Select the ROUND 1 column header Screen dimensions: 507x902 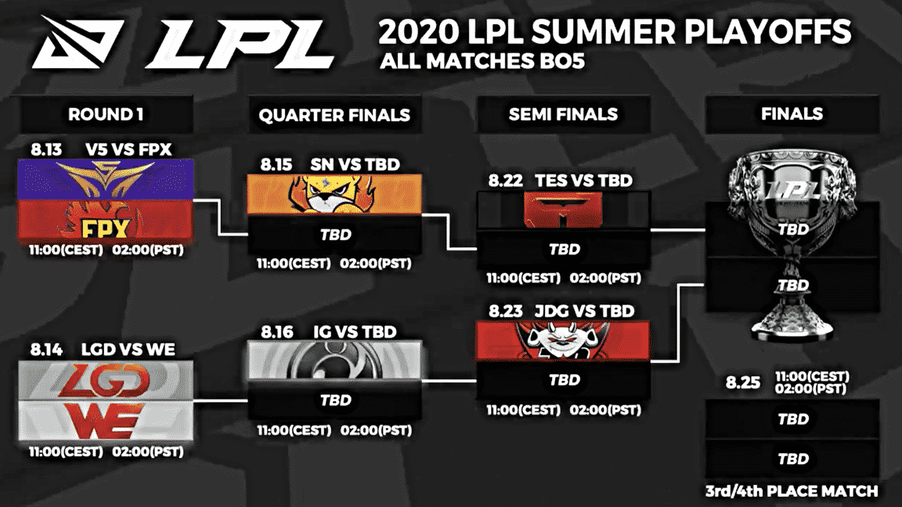pyautogui.click(x=106, y=114)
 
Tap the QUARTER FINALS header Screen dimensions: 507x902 pyautogui.click(x=334, y=115)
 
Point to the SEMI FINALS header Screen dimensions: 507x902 pyautogui.click(x=563, y=114)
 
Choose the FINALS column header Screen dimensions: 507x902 pyautogui.click(x=792, y=113)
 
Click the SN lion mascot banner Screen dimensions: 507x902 pyautogui.click(x=334, y=194)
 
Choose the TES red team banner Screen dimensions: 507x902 pyautogui.click(x=564, y=209)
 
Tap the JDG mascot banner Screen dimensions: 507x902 pyautogui.click(x=564, y=341)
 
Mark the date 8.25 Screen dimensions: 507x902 pyautogui.click(x=741, y=383)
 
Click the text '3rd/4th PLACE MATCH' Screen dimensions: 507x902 pyautogui.click(x=792, y=491)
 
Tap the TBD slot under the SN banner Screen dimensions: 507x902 pyautogui.click(x=334, y=235)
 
